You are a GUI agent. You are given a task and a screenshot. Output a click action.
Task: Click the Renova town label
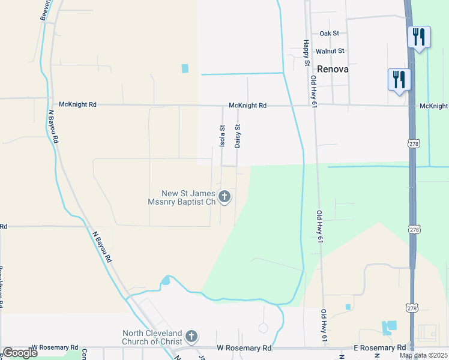click(333, 69)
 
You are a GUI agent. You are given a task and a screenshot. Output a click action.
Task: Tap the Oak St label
click(330, 34)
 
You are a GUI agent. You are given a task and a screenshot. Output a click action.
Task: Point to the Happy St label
click(306, 53)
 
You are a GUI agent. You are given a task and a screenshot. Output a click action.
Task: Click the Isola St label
click(222, 136)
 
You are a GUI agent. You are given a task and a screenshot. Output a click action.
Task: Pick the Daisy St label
click(238, 136)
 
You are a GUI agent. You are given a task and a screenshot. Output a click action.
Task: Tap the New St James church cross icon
click(224, 197)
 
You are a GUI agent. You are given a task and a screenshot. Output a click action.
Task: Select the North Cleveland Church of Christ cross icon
click(191, 336)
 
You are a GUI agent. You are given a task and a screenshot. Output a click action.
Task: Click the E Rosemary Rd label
click(379, 348)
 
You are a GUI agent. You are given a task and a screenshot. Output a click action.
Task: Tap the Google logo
click(20, 353)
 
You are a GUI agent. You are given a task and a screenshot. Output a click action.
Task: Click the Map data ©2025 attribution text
click(424, 355)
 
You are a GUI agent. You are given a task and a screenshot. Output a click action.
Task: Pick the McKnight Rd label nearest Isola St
click(247, 106)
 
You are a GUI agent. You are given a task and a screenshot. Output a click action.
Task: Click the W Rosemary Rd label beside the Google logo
click(55, 347)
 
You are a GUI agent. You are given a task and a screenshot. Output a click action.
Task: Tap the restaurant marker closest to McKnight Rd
click(399, 80)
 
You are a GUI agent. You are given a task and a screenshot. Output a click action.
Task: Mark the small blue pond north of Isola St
click(185, 68)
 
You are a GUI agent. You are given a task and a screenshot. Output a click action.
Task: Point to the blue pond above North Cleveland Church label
click(166, 280)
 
